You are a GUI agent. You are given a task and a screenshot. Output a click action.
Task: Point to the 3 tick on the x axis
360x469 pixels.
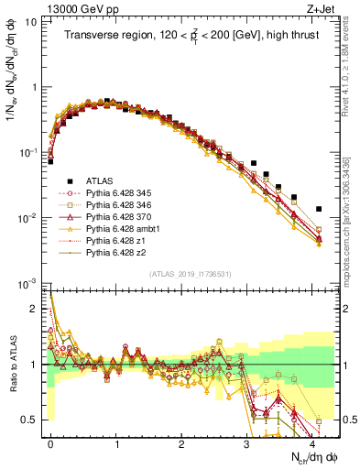(x=248, y=443)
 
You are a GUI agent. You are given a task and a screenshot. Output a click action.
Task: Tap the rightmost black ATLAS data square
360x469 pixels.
(x=318, y=209)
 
